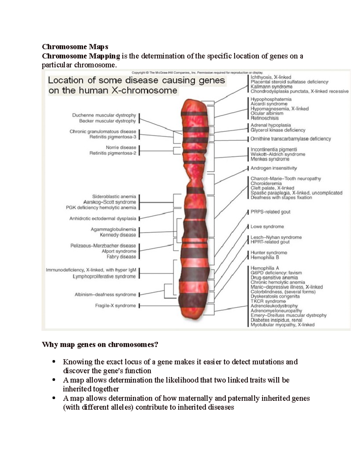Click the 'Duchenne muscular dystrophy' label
tap(104, 115)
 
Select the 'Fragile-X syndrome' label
tap(115, 306)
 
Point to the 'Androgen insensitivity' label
tap(274, 168)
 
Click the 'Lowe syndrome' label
tap(267, 227)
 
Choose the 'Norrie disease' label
tap(121, 147)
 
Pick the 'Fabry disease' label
tap(121, 257)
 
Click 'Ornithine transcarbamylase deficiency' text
tap(290, 139)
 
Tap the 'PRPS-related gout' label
tap(270, 212)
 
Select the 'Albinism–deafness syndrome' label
tap(105, 295)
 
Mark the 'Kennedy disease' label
tap(118, 235)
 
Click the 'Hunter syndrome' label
tap(269, 253)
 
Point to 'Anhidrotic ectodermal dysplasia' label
tap(103, 219)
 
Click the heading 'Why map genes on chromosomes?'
tap(100, 344)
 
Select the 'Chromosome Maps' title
tap(75, 47)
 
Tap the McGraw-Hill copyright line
tap(197, 72)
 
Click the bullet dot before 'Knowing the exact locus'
tap(54, 362)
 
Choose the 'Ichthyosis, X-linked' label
tap(271, 77)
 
